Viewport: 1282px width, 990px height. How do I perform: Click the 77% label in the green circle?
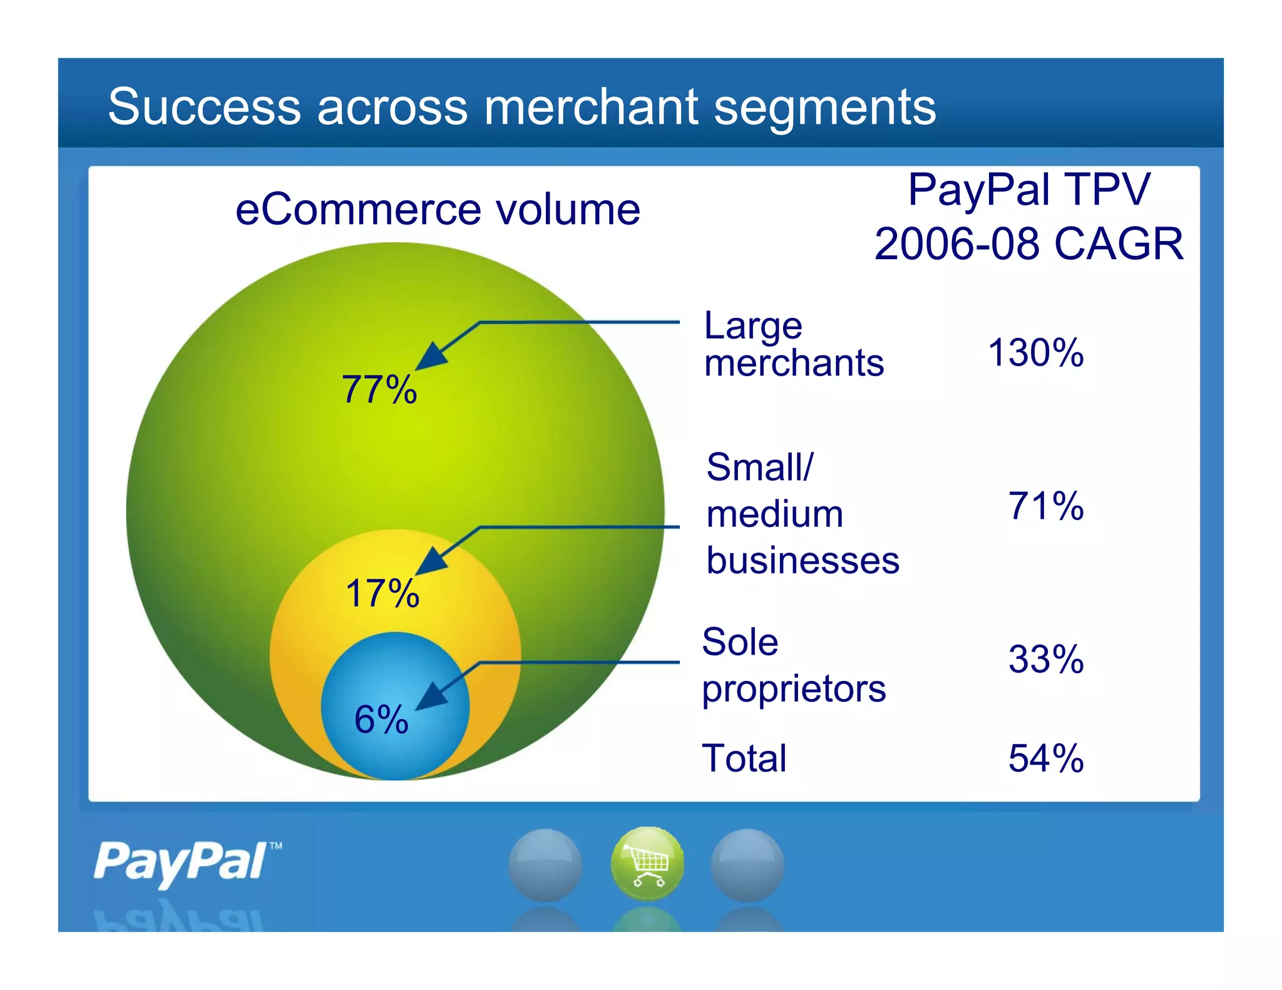pyautogui.click(x=379, y=389)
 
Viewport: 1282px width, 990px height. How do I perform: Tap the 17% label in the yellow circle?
pyautogui.click(x=382, y=593)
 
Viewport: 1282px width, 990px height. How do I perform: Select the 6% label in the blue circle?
pyautogui.click(x=381, y=719)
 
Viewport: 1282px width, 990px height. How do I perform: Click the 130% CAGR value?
pyautogui.click(x=1035, y=352)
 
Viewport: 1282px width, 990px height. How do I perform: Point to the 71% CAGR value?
pyautogui.click(x=1045, y=506)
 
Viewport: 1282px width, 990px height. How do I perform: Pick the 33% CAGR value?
pyautogui.click(x=1045, y=659)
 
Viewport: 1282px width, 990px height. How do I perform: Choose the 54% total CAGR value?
pyautogui.click(x=1045, y=758)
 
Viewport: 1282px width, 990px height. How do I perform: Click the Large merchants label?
pyautogui.click(x=793, y=344)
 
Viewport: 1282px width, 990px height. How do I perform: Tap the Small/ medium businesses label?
pyautogui.click(x=803, y=513)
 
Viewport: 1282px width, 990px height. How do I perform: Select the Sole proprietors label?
pyautogui.click(x=793, y=665)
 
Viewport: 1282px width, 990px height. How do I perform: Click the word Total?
pyautogui.click(x=744, y=758)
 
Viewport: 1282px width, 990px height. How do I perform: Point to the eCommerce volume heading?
pyautogui.click(x=438, y=210)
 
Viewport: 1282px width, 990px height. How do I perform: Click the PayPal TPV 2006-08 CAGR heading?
pyautogui.click(x=1028, y=216)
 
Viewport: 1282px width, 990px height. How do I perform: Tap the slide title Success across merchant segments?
pyautogui.click(x=521, y=106)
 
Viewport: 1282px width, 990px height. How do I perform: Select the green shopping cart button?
pyautogui.click(x=647, y=864)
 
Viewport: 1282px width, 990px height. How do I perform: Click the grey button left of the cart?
pyautogui.click(x=545, y=865)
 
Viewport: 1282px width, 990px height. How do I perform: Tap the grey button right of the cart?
pyautogui.click(x=747, y=865)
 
